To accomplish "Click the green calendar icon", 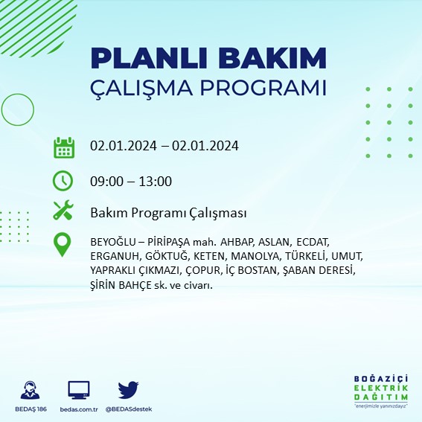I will pos(63,147).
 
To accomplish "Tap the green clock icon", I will pos(63,180).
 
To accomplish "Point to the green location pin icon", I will pos(63,244).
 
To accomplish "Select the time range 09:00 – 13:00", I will pos(131,181).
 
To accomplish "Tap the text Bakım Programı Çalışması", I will pos(168,214).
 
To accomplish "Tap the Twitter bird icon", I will pos(129,389).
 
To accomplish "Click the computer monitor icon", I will pos(78,389).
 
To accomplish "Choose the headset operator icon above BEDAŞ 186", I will pos(31,390).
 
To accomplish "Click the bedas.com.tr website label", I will pos(78,410).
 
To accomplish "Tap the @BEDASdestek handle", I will pos(129,410).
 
